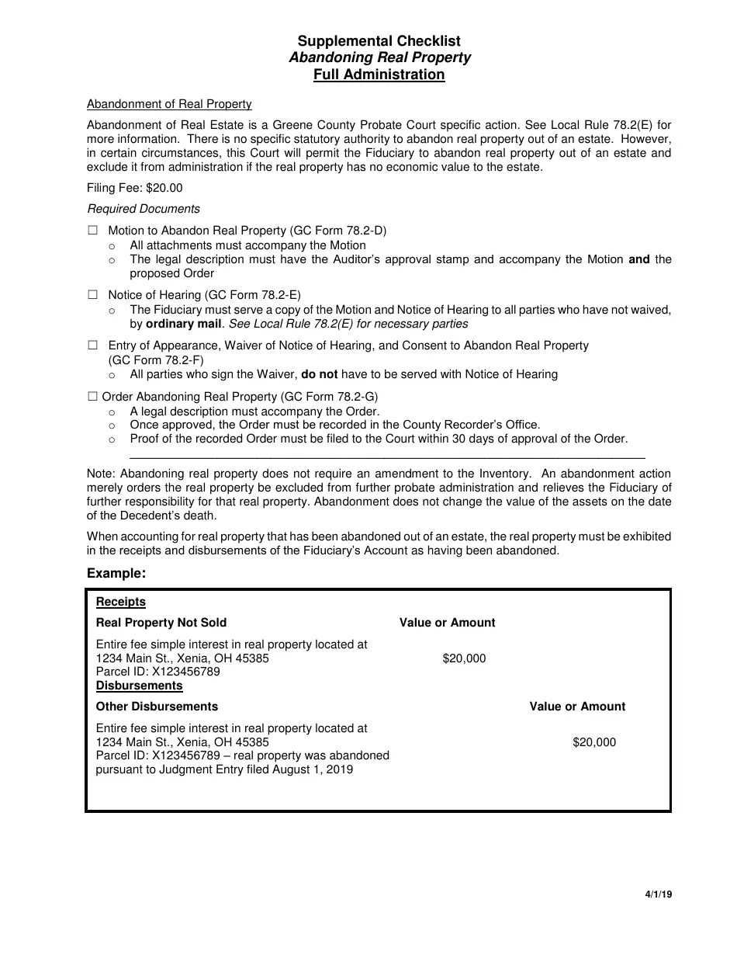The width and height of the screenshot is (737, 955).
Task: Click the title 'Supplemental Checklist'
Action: pos(379,41)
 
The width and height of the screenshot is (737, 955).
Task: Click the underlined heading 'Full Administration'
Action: pos(379,75)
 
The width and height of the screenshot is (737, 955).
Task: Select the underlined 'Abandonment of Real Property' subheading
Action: pos(169,104)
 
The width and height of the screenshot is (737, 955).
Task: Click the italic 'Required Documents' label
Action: pos(144,209)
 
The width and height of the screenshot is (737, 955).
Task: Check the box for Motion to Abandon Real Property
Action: pos(93,231)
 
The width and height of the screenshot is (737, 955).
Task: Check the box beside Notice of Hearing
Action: pos(93,295)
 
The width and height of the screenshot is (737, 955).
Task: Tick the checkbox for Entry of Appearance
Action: pos(93,346)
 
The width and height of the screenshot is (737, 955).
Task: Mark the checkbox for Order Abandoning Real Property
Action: pos(93,396)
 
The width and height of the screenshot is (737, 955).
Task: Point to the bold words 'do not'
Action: pos(320,374)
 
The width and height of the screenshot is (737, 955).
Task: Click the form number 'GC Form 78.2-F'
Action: pos(155,360)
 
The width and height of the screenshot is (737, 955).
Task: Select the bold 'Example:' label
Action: pos(116,573)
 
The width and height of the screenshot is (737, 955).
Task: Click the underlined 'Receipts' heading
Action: pos(120,602)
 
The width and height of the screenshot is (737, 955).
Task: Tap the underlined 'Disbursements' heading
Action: pos(139,686)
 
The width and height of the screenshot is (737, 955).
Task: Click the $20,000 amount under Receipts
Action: pos(464,658)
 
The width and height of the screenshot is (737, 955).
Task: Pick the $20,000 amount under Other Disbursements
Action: pos(594,742)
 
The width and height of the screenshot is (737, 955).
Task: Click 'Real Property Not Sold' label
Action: pos(161,623)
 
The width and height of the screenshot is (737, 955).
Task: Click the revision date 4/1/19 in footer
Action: pos(658,894)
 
